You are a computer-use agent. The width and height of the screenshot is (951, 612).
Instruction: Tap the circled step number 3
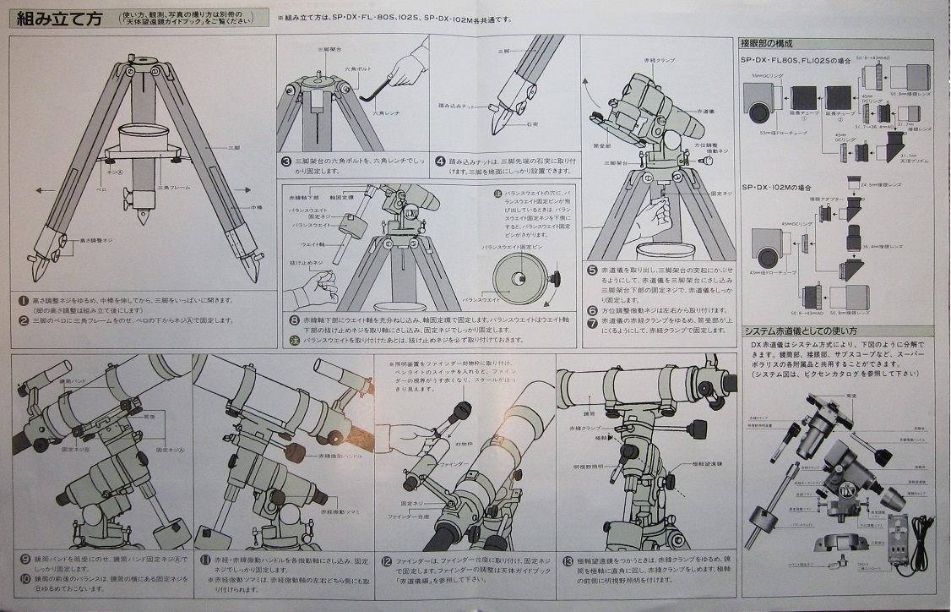point(286,161)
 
